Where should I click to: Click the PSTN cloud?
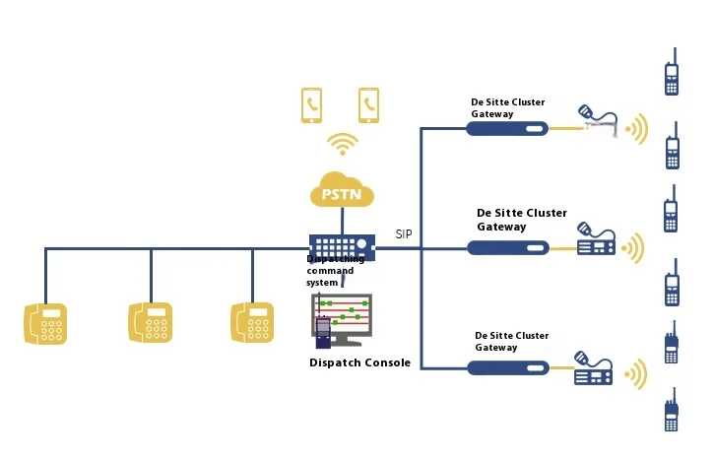click(342, 189)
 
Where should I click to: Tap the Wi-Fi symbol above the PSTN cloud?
click(342, 145)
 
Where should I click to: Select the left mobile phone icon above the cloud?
click(312, 104)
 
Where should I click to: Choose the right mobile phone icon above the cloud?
click(369, 104)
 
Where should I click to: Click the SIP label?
click(404, 234)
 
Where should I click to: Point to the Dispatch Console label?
click(359, 362)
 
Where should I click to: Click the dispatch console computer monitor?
click(342, 317)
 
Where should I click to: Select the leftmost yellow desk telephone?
click(45, 323)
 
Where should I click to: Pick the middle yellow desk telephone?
click(151, 323)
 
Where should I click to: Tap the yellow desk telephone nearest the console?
click(252, 323)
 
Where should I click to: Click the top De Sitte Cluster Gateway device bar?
click(506, 128)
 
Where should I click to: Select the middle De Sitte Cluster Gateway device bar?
click(506, 247)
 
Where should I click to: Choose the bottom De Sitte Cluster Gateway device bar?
click(506, 367)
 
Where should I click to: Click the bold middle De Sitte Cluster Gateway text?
click(521, 220)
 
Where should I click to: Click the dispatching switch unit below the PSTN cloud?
click(342, 244)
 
